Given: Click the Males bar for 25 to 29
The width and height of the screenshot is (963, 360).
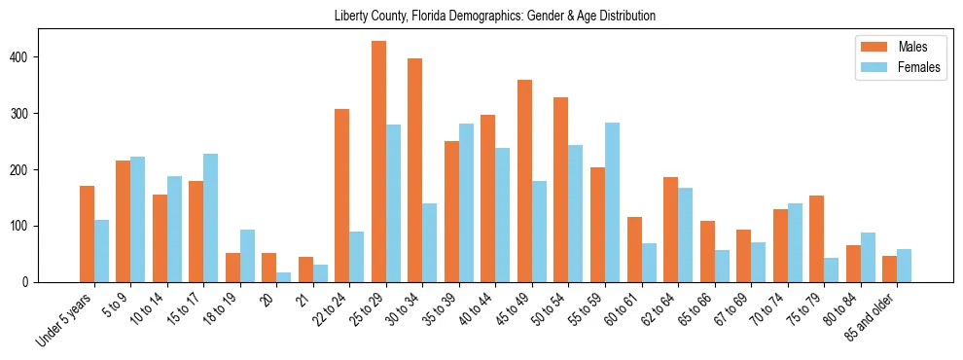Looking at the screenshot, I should click(x=378, y=162).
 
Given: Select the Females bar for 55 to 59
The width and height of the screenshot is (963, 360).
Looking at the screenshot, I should click(x=612, y=202).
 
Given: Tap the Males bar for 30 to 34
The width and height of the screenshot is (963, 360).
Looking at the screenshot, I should click(x=414, y=170).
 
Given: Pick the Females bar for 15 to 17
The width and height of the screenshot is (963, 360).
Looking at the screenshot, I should click(x=210, y=218).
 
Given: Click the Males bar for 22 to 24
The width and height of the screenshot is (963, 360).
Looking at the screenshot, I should click(x=341, y=196).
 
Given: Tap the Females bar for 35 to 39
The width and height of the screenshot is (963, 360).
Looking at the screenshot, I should click(x=466, y=202).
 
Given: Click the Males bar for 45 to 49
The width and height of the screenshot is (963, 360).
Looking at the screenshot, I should click(x=524, y=181).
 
